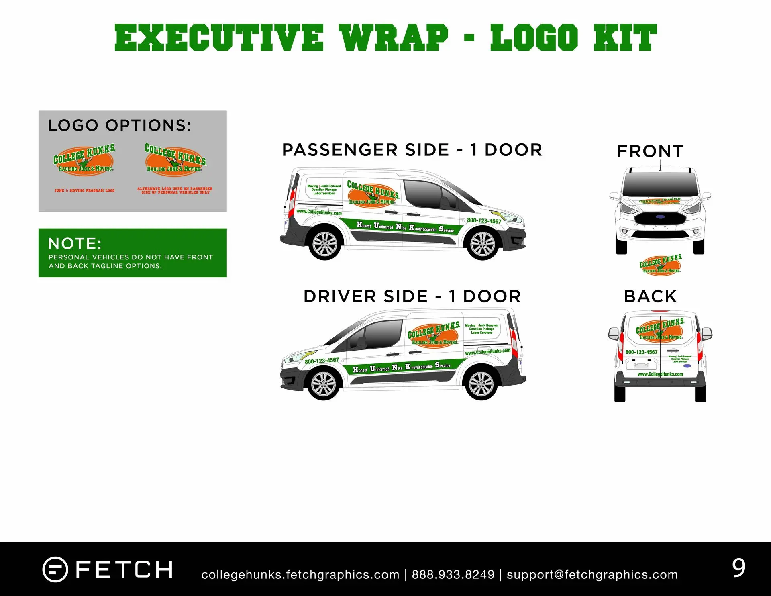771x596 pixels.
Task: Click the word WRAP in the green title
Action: [394, 38]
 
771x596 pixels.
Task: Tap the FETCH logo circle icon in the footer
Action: [55, 569]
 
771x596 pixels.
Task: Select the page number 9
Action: [738, 568]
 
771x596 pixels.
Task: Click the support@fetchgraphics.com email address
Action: [592, 575]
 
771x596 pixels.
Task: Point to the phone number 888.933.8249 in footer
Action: [453, 575]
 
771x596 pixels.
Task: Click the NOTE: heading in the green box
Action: [75, 243]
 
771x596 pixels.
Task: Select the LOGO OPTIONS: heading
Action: [119, 125]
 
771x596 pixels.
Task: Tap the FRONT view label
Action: [650, 151]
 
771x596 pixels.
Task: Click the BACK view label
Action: [650, 296]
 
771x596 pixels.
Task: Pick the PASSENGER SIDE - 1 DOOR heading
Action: [412, 150]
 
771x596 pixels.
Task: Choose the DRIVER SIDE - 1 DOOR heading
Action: [412, 296]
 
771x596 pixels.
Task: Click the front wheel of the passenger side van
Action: [482, 244]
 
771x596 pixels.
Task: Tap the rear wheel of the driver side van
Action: [481, 384]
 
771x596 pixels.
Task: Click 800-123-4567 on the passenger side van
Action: [484, 221]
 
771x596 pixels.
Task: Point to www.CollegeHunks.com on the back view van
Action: [660, 374]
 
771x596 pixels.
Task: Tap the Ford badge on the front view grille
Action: [660, 217]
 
